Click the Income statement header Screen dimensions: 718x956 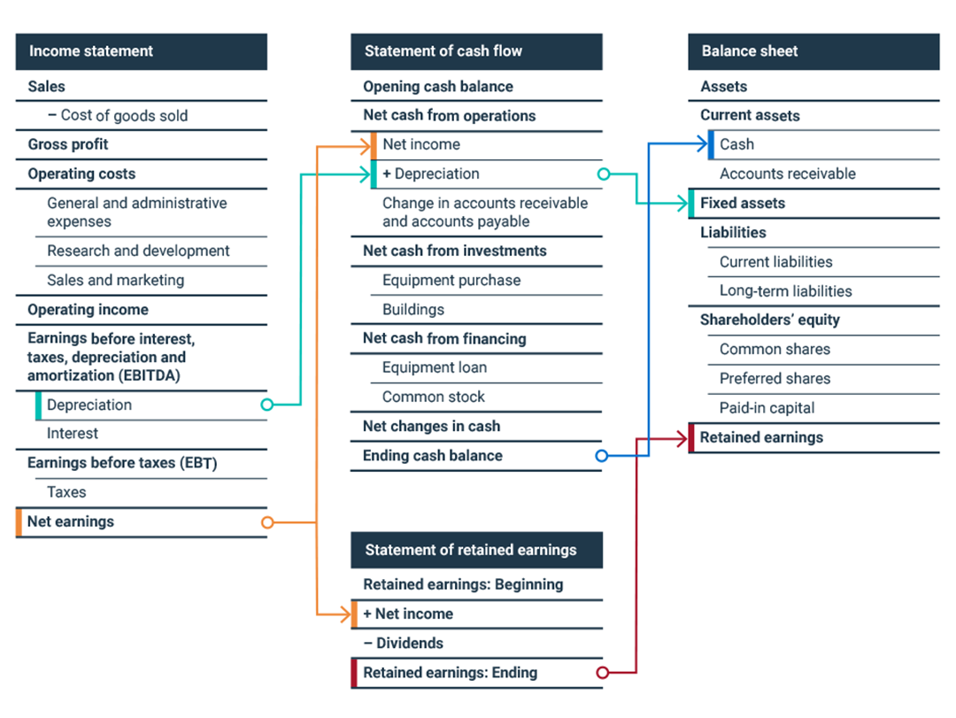point(91,51)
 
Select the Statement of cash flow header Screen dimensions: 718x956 point(443,51)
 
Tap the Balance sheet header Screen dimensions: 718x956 point(750,51)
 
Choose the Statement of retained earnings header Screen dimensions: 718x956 point(470,550)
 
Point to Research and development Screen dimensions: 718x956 point(138,251)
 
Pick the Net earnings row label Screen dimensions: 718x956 point(71,521)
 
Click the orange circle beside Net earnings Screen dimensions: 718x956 point(267,522)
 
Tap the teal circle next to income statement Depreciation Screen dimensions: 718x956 point(267,405)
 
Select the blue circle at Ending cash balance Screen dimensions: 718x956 point(602,456)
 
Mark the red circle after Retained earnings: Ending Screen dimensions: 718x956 point(602,673)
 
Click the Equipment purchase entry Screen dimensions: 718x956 point(451,280)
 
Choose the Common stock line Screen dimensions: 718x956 point(434,397)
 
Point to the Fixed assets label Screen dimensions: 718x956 point(743,203)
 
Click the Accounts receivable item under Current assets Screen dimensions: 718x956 point(788,174)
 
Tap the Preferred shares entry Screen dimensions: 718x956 point(775,378)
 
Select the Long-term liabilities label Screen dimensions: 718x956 point(786,290)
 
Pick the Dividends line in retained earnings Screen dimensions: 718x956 point(404,643)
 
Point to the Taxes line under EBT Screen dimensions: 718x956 point(66,491)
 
